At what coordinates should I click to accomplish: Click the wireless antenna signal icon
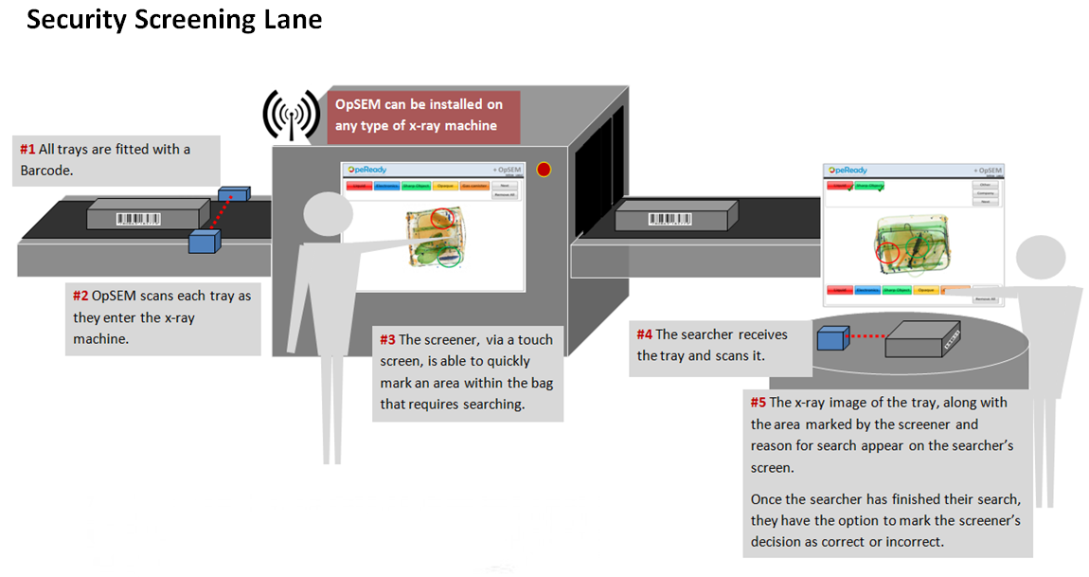point(291,116)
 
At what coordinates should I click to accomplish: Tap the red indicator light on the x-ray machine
point(544,171)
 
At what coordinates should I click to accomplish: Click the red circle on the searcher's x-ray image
point(887,253)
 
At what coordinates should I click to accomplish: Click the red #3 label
point(387,339)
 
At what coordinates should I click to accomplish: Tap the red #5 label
point(759,403)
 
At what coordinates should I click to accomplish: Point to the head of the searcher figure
point(1042,259)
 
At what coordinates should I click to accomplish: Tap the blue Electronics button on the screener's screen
point(386,188)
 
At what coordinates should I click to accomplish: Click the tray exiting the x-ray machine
point(673,220)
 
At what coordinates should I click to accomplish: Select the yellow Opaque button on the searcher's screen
point(927,290)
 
